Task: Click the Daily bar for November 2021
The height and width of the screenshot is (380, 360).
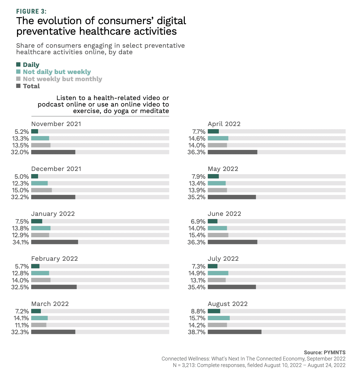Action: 35,132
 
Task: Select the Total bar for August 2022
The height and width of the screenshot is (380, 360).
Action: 234,332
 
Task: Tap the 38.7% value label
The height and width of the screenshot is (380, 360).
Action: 197,332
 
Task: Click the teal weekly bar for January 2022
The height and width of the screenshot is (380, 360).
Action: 41,228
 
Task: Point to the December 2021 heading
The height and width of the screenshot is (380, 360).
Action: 56,169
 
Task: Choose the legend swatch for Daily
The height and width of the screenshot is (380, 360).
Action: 18,65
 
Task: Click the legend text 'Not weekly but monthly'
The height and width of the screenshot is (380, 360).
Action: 62,79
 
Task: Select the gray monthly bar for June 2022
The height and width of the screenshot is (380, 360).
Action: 218,235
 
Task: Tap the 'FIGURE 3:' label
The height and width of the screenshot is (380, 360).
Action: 31,11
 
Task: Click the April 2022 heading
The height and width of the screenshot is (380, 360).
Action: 224,124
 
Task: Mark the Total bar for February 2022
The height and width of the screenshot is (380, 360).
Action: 54,287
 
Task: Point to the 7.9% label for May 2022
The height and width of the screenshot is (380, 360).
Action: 198,177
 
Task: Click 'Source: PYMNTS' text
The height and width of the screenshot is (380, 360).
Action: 324,352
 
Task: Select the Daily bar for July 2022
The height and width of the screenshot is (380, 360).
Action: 213,266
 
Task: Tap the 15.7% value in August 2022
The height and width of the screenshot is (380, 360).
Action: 197,318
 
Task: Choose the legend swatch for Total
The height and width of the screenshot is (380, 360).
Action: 18,86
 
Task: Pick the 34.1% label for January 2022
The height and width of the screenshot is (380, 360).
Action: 21,242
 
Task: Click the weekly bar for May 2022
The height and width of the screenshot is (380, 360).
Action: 217,183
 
